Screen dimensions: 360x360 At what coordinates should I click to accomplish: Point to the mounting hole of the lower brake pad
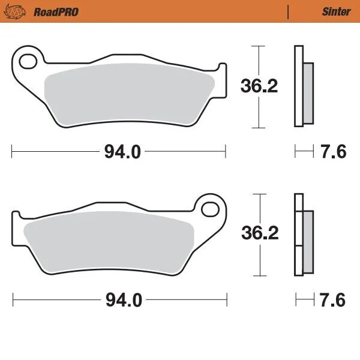coord(211,209)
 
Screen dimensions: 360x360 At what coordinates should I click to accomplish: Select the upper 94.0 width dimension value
coord(122,152)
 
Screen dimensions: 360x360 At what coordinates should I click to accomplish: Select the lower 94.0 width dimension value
coord(122,300)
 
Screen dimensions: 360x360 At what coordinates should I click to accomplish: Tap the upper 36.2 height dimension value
coord(259,86)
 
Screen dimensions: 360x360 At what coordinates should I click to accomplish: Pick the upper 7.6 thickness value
coord(334,152)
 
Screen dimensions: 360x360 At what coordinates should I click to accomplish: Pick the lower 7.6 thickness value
coord(334,300)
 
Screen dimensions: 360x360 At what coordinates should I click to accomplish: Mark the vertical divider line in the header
coord(289,11)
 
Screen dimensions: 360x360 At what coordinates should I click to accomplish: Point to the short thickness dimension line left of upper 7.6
coord(304,152)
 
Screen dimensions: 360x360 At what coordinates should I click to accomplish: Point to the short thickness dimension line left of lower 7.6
coord(304,300)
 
